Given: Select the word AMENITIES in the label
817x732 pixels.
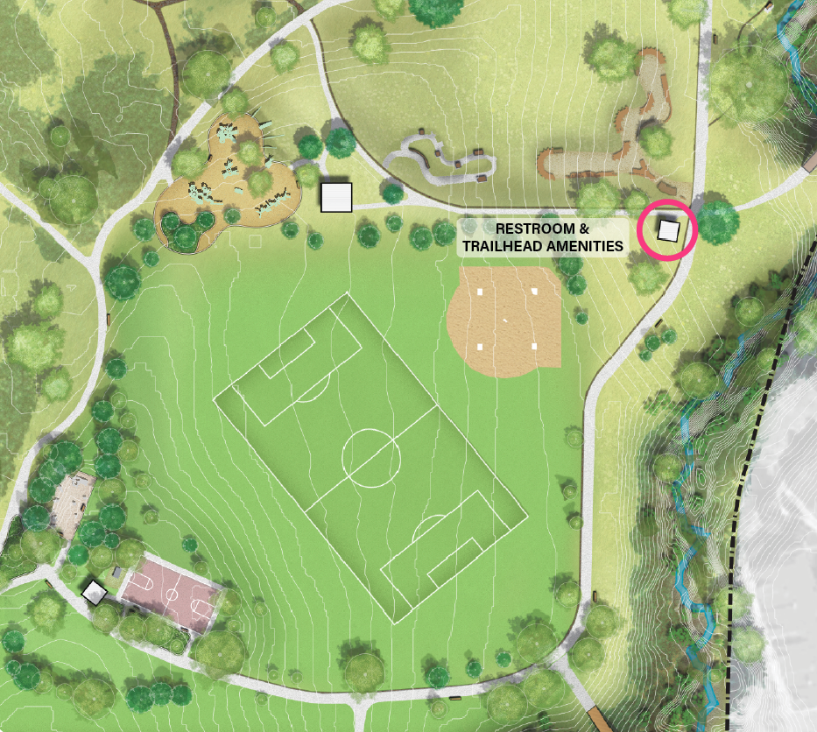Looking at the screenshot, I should [x=586, y=246].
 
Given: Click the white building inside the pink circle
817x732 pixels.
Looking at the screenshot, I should [x=669, y=230].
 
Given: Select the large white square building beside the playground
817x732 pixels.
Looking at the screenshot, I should [x=335, y=197].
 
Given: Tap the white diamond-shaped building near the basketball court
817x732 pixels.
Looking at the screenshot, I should [x=94, y=593].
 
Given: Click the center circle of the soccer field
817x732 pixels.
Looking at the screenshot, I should [x=371, y=457].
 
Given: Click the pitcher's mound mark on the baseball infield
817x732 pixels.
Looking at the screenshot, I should [x=506, y=320].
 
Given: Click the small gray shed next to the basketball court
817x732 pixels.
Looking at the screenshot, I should [x=116, y=573].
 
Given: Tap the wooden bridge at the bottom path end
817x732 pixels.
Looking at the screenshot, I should [x=600, y=720].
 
